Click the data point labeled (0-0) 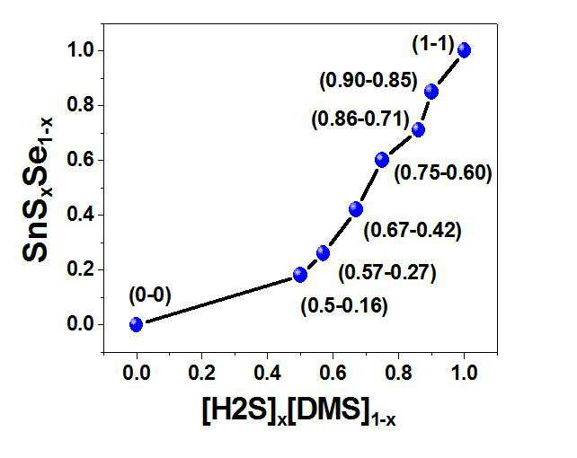(x=136, y=324)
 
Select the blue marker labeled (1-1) (x=464, y=50)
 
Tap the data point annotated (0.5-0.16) (x=300, y=274)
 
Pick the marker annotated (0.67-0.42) (x=356, y=209)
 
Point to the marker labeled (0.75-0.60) (x=382, y=160)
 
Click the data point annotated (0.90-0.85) (x=431, y=92)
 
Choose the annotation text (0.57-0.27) (x=387, y=273)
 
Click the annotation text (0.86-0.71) (x=360, y=119)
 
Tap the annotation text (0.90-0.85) (x=368, y=81)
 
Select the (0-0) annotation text (x=150, y=295)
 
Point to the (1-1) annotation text (x=433, y=45)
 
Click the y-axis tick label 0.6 (x=80, y=160)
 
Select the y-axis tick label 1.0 (x=80, y=50)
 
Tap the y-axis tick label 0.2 (x=80, y=269)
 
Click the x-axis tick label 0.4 (x=268, y=373)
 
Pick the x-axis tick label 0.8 (x=398, y=373)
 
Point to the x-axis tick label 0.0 (x=137, y=373)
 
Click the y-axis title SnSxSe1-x (x=38, y=189)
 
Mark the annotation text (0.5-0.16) (x=344, y=306)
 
